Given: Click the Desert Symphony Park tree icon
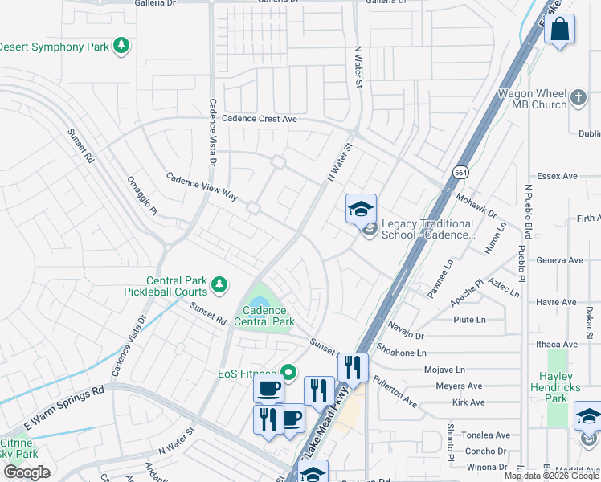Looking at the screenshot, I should click(121, 46).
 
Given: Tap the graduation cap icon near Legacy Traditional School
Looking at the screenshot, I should click(361, 209).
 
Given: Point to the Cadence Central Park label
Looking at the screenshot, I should click(264, 316).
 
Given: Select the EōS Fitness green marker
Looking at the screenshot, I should click(288, 372).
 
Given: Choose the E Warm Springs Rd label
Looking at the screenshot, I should click(64, 406).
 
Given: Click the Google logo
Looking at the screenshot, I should click(27, 472).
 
